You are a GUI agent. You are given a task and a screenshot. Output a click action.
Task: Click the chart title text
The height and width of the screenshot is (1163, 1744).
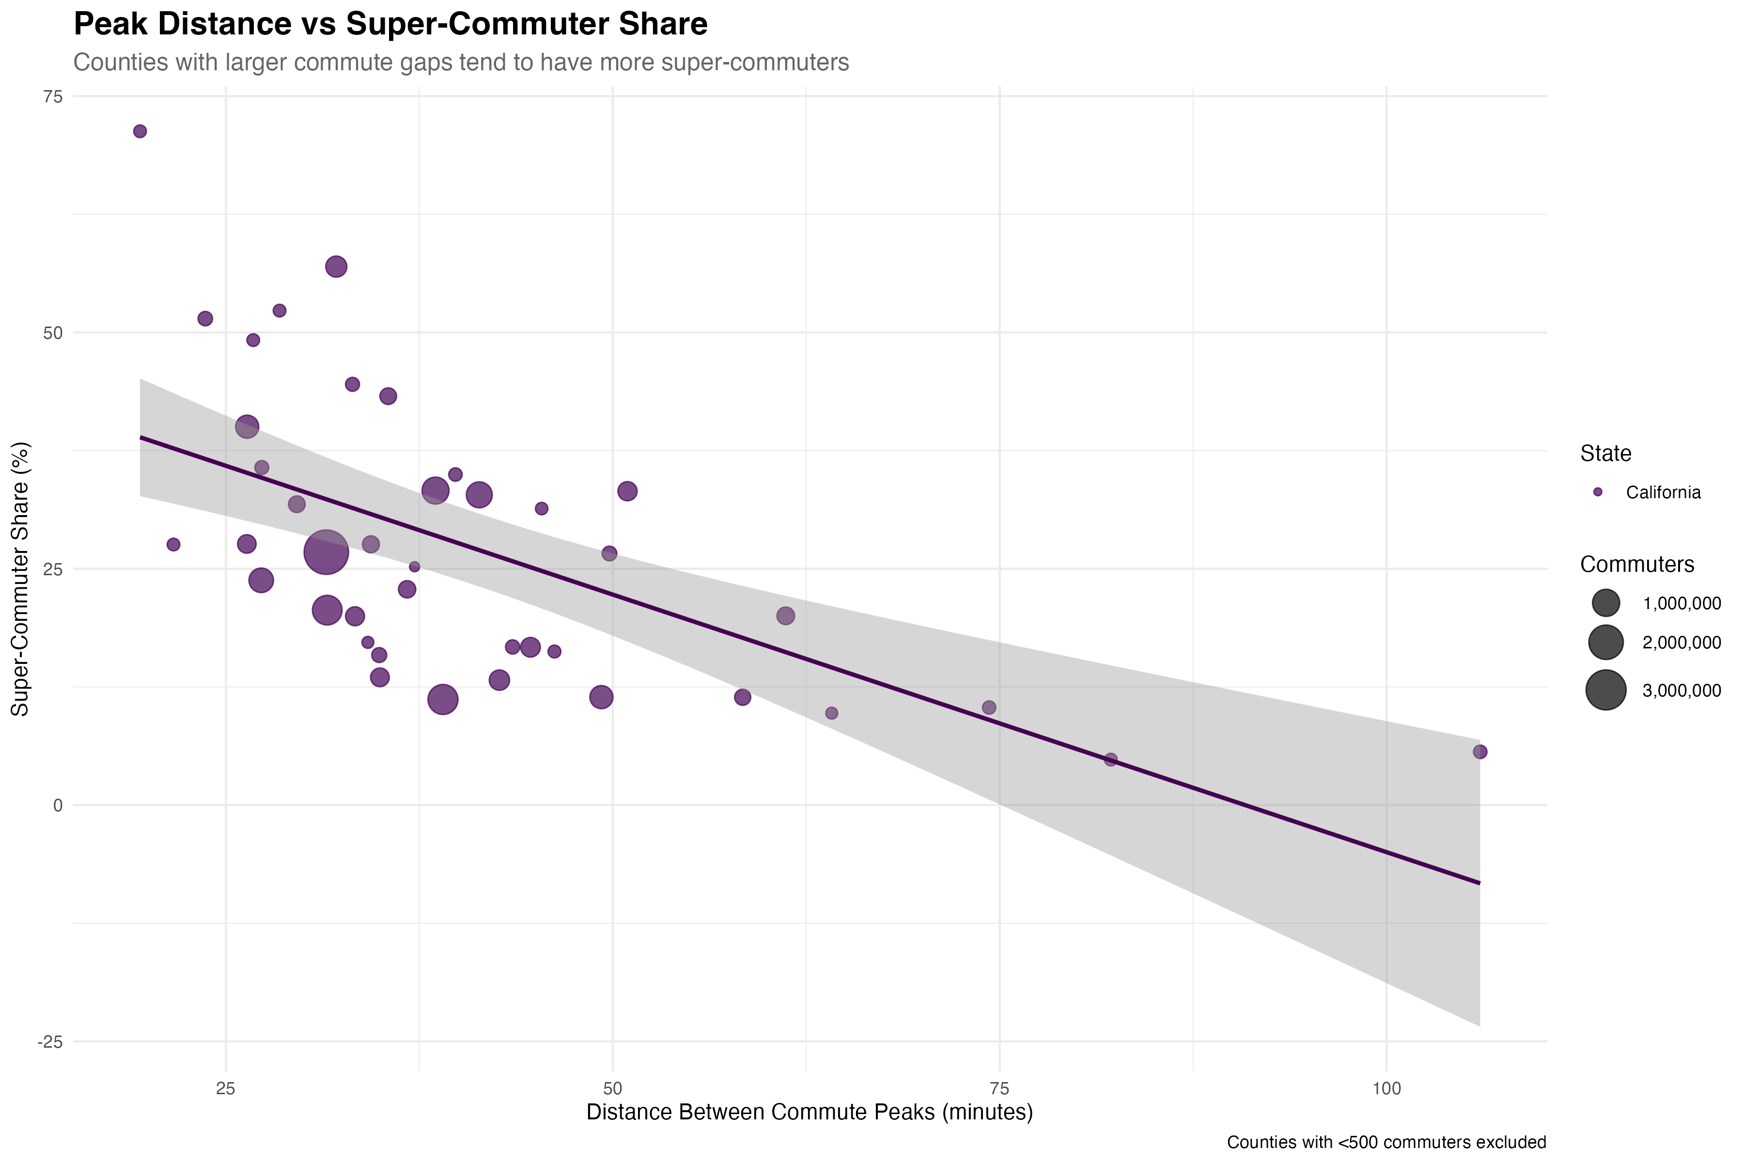(x=461, y=63)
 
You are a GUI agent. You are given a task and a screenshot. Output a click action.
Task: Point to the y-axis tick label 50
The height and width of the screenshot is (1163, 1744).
(x=53, y=333)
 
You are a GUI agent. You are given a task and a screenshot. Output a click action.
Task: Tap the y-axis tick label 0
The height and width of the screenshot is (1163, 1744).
(x=58, y=805)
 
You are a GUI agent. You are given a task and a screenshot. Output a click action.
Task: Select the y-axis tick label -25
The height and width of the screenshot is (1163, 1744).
(x=50, y=1042)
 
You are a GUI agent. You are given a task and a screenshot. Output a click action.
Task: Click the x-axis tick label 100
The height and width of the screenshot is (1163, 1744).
(x=1386, y=1089)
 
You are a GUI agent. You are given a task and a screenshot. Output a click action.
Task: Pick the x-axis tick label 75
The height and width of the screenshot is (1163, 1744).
(x=999, y=1089)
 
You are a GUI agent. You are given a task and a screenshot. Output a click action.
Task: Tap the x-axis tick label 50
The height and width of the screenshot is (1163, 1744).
(x=612, y=1089)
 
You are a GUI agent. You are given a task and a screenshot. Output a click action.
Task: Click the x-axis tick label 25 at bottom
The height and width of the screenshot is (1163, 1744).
(x=225, y=1089)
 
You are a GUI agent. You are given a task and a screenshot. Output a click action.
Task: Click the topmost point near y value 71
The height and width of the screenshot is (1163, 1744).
(x=140, y=132)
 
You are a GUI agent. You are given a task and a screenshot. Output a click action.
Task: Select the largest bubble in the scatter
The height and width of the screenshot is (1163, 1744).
(x=326, y=552)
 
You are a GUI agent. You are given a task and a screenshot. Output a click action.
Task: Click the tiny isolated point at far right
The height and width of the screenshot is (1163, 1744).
(x=1597, y=492)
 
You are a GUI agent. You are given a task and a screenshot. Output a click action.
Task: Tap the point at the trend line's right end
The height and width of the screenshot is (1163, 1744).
(x=1479, y=752)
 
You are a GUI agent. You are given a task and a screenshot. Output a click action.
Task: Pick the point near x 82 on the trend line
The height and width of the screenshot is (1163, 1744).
(x=1110, y=759)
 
